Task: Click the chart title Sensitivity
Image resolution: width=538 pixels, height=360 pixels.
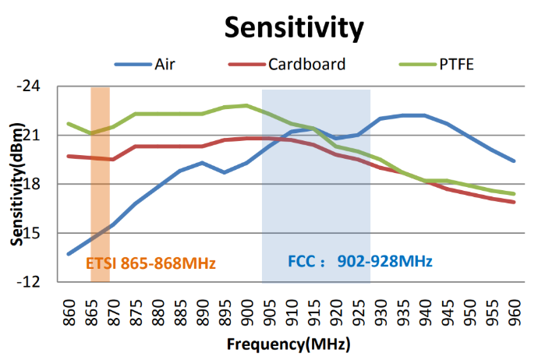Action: (x=294, y=28)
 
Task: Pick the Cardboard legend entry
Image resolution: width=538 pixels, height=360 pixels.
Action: (x=306, y=64)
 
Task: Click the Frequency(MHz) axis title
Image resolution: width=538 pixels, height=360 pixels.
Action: (x=288, y=344)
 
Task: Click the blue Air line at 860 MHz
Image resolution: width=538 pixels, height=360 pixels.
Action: (x=69, y=253)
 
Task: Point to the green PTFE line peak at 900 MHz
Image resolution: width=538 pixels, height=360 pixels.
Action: (x=246, y=105)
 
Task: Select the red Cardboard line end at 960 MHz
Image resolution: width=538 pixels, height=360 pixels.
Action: (x=514, y=202)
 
